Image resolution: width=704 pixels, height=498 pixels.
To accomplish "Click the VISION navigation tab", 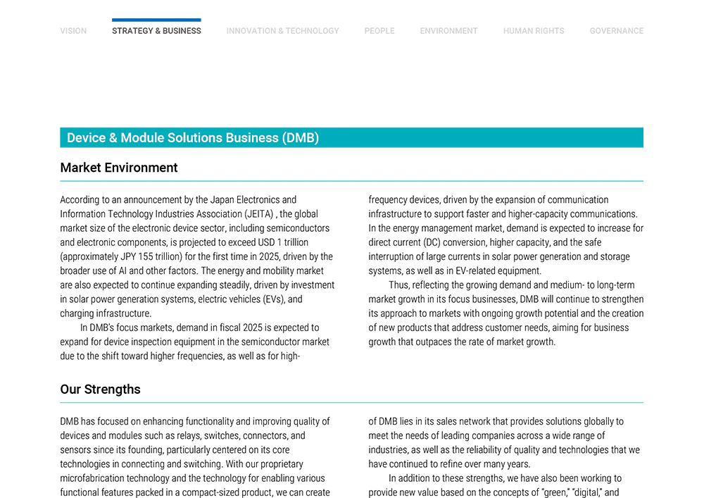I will point(73,31).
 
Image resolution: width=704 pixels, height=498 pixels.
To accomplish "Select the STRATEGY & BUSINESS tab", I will point(156,31).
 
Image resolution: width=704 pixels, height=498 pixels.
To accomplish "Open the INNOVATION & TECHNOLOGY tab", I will point(282,31).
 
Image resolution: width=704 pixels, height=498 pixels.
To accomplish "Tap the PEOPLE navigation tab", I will point(379,31).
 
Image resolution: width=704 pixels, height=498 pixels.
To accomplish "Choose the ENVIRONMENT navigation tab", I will point(448,31).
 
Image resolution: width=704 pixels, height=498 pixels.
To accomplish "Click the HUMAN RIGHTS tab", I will point(534,31).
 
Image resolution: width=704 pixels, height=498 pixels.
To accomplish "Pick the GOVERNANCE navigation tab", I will point(616,31).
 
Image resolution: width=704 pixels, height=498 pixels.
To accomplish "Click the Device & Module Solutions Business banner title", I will point(193,138).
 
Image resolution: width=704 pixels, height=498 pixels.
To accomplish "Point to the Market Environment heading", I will point(119,168).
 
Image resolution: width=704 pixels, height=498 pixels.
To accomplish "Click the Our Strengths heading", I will point(100,390).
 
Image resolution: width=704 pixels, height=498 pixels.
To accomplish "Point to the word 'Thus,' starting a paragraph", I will point(399,285).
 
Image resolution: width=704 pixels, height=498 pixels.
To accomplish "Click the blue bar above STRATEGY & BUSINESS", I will point(156,20).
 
